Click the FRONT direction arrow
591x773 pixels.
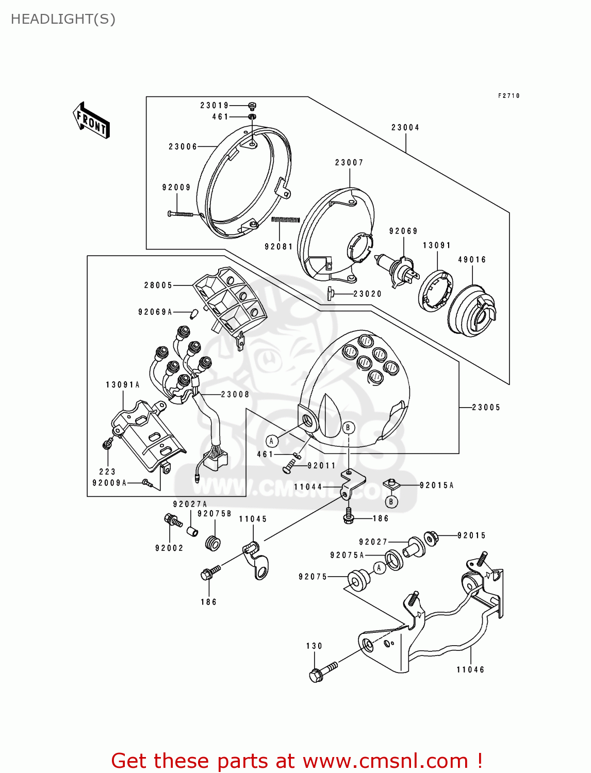coord(92,120)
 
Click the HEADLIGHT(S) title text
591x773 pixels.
coord(63,19)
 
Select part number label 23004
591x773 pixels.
coord(405,127)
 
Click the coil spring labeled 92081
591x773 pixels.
coord(285,220)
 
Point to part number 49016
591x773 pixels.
coord(472,260)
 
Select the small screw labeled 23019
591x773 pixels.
coord(252,106)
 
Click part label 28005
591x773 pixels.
coord(158,285)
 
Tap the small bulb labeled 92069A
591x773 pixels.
coord(195,313)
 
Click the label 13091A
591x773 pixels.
coord(123,385)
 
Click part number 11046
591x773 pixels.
coord(470,669)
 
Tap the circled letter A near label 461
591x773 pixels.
coord(272,441)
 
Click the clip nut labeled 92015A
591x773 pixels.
coord(392,484)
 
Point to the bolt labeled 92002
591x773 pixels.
coord(172,520)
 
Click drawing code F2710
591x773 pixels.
coord(508,96)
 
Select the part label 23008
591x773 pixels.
coord(235,394)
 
